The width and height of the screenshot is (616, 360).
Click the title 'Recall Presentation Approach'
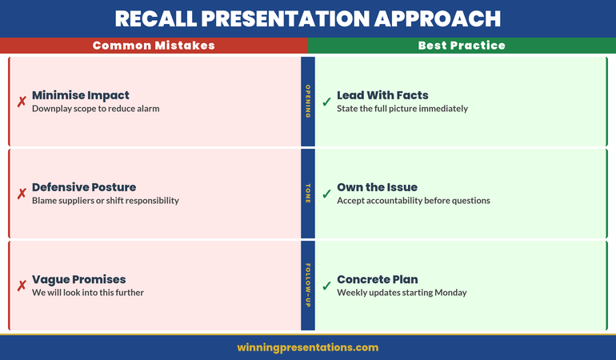308,18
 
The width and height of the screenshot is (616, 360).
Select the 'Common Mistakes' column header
154,46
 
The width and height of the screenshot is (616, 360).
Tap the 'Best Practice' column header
462,46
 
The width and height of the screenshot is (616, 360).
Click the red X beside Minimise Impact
22,102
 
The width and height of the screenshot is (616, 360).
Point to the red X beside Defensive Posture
22,194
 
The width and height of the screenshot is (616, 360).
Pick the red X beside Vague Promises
22,286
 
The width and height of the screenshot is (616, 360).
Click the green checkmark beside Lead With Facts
326,102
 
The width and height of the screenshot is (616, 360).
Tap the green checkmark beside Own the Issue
326,194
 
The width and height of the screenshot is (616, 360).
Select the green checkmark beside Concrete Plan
326,286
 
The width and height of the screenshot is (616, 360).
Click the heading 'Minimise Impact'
80,95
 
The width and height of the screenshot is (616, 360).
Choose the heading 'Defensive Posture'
84,187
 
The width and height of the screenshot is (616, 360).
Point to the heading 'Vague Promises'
78,279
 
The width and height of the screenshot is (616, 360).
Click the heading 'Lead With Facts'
382,95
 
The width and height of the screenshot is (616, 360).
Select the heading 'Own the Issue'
378,187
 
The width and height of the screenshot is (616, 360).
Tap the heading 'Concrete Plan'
377,279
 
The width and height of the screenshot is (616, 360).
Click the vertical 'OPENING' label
308,102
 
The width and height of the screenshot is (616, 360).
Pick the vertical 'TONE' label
308,194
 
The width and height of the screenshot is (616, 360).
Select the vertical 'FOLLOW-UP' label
308,286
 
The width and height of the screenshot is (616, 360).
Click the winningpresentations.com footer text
308,347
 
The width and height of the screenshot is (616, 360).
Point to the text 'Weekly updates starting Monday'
402,293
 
